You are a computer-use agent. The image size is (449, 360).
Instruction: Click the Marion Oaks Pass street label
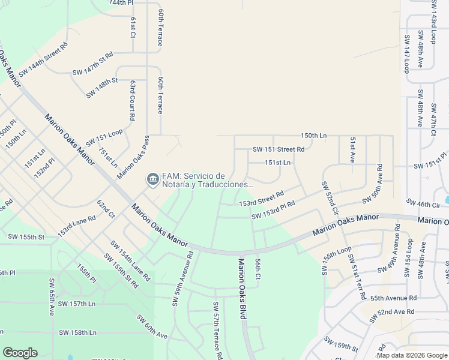[x=133, y=157]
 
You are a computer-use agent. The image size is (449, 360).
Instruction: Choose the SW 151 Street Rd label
[x=279, y=149]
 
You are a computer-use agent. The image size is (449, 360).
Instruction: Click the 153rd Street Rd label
[x=261, y=200]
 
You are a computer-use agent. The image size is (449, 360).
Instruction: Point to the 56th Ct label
[x=257, y=269]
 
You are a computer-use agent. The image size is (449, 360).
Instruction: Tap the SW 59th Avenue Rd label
[x=184, y=277]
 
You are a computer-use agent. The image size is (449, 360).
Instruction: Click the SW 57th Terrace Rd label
[x=217, y=330]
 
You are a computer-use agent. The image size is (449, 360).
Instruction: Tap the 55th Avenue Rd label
[x=393, y=298]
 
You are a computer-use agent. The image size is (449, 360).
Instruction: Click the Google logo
[x=20, y=353]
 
